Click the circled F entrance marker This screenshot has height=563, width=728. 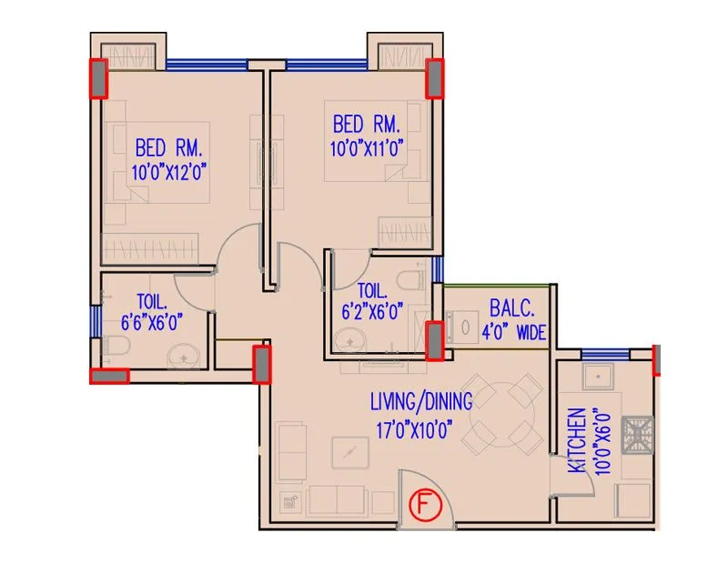tap(424, 504)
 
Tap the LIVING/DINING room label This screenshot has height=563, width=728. tap(420, 401)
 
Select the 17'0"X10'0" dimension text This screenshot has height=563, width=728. tap(411, 432)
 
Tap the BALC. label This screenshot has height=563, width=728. tap(505, 307)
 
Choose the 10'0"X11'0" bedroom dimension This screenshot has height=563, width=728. tap(367, 146)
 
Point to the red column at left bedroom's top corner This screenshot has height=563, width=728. tap(96, 78)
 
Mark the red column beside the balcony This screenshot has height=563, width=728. tap(436, 340)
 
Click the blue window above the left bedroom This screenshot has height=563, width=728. tap(207, 64)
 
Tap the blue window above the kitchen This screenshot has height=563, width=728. tap(604, 354)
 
